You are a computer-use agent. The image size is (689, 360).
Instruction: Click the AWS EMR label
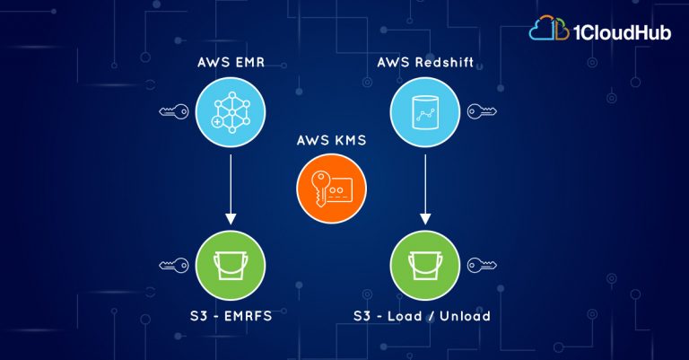pos(231,63)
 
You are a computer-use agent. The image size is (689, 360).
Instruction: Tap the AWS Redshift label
pos(425,63)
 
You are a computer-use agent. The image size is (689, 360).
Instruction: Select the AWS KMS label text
pos(331,140)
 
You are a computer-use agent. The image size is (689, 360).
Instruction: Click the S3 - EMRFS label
pos(231,316)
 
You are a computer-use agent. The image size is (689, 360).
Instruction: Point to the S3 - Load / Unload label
pos(423,316)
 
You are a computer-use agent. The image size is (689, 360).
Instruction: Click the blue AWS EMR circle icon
pos(231,111)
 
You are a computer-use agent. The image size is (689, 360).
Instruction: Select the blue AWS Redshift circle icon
pos(425,111)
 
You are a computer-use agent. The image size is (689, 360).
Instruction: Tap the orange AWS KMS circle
pos(331,189)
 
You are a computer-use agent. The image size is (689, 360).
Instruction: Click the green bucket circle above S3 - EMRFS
pos(231,266)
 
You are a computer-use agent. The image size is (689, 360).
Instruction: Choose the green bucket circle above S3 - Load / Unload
pos(425,266)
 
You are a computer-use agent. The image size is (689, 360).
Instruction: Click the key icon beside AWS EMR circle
pos(173,111)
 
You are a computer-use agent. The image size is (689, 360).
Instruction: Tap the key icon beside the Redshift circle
pos(482,111)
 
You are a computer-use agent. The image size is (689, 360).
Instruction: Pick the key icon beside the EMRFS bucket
pos(173,266)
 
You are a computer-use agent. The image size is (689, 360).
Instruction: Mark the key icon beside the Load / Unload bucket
pos(482,266)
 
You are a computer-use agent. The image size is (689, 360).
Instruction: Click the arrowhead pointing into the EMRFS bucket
pos(231,219)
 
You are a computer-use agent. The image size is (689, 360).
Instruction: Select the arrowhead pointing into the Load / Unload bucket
pos(425,219)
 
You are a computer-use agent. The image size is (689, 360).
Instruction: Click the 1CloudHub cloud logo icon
pos(549,29)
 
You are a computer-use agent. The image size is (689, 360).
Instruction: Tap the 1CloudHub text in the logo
pos(623,32)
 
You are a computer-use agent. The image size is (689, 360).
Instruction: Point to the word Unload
pos(466,316)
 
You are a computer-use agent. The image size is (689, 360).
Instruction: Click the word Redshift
pos(444,63)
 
